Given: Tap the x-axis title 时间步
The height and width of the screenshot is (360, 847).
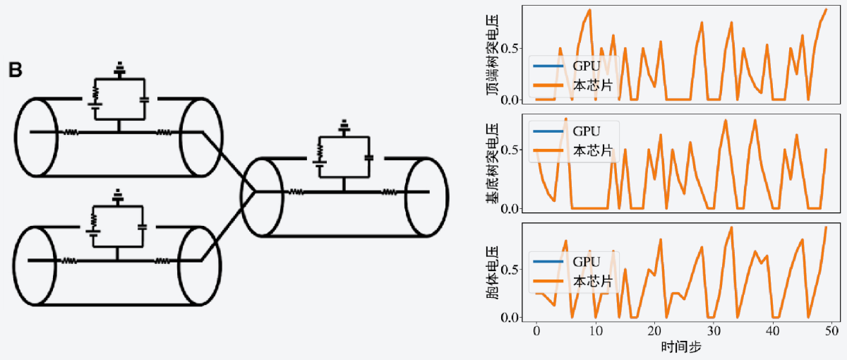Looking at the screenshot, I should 681,347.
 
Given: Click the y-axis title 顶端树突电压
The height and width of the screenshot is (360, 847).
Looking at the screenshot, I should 493,55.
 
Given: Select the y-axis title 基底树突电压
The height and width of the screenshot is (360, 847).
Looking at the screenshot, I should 493,162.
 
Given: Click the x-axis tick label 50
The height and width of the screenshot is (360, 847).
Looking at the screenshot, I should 831,330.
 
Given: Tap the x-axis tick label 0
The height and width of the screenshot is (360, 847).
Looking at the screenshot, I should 536,330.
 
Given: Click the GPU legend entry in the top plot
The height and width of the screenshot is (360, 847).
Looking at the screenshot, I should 586,66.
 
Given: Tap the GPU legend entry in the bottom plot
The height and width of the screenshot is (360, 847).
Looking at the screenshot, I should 586,262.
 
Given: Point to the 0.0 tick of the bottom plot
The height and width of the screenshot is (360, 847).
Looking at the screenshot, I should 511,317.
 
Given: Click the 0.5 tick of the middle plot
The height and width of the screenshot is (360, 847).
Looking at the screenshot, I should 511,150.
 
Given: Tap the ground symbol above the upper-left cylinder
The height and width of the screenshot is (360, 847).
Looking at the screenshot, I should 119,68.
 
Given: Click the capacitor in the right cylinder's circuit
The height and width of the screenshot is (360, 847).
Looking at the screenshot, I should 368,157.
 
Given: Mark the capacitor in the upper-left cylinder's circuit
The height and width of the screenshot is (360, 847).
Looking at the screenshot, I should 144,99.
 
